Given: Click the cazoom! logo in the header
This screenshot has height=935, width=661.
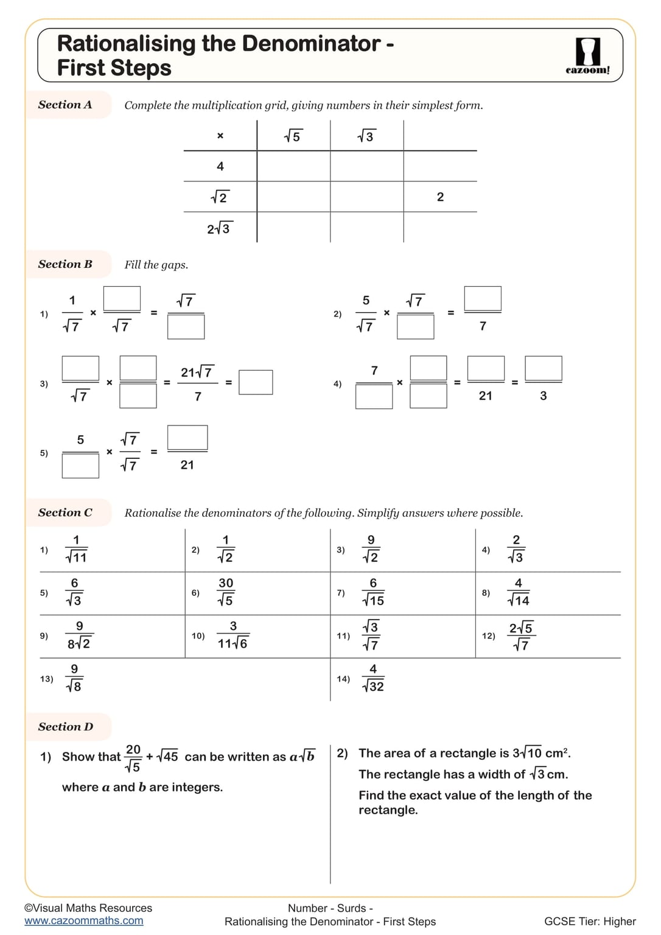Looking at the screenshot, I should coord(587,56).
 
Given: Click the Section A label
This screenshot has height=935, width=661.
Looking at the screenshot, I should coord(65,105).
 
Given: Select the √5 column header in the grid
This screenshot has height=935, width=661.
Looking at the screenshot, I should coord(293,136).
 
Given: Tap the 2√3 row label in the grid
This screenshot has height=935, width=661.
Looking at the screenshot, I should coord(219,229).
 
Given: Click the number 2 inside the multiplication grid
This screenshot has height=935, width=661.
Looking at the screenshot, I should coord(440,197).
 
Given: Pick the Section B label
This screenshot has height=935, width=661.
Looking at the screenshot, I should coord(65,264).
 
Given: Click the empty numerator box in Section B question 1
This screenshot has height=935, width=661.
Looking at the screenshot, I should coord(122,299).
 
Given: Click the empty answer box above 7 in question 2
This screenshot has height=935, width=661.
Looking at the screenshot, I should coord(483,299).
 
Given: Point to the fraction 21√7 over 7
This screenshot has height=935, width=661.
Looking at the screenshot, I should coord(197,383).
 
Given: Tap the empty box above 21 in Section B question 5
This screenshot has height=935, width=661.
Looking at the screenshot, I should coord(187,438).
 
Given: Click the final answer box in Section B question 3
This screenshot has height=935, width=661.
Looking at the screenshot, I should coord(256,382).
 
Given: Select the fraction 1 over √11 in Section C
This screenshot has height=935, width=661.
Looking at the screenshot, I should coord(76,549).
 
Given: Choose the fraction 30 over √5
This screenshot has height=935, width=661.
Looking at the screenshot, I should coord(226,592).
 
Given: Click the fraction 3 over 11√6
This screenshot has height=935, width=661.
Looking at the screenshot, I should coord(233,635).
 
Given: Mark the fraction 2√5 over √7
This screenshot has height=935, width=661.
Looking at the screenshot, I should coord(521,636).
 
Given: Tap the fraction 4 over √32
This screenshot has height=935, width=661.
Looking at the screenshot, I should coord(373,678).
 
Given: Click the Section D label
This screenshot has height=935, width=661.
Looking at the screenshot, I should coord(66,727).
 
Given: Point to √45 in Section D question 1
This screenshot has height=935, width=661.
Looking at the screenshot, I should coord(167,757).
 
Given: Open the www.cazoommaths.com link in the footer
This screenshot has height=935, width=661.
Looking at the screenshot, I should coord(84,921).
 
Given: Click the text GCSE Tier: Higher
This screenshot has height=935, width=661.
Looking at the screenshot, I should coord(590,922).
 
